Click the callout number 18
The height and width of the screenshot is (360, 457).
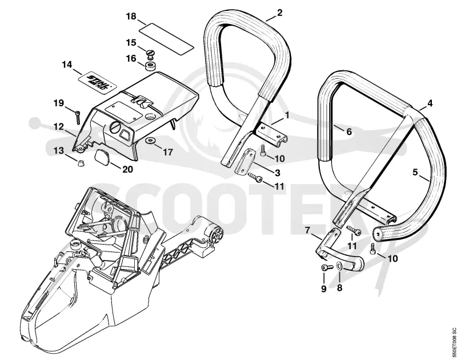click(131, 17)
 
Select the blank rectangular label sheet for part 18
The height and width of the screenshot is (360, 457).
click(166, 39)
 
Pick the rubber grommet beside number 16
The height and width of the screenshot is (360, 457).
click(151, 66)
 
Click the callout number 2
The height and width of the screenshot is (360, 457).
click(279, 13)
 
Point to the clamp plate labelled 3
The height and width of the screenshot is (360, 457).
click(244, 161)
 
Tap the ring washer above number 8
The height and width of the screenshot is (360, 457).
click(339, 267)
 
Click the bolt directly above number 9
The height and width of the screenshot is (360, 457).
click(327, 267)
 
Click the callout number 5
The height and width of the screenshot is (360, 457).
click(415, 172)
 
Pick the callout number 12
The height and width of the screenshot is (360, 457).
click(59, 127)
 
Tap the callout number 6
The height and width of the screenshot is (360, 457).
click(348, 131)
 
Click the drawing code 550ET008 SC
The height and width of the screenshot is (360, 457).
click(453, 344)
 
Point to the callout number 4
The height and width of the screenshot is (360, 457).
click(430, 103)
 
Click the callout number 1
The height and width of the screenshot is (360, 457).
click(287, 115)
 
